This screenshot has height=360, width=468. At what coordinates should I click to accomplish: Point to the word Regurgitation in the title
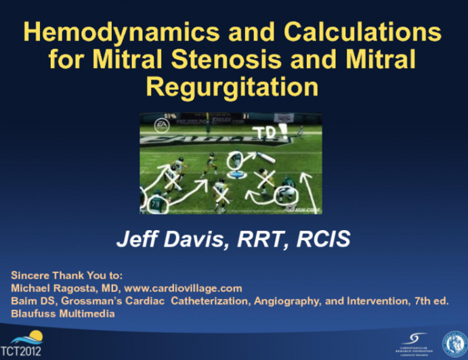pos(234,88)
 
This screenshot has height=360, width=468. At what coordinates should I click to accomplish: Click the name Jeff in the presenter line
pos(136,240)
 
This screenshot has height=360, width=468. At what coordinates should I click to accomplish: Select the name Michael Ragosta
pos(50,288)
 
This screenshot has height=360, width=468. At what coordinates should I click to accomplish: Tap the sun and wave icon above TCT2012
pos(25,336)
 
